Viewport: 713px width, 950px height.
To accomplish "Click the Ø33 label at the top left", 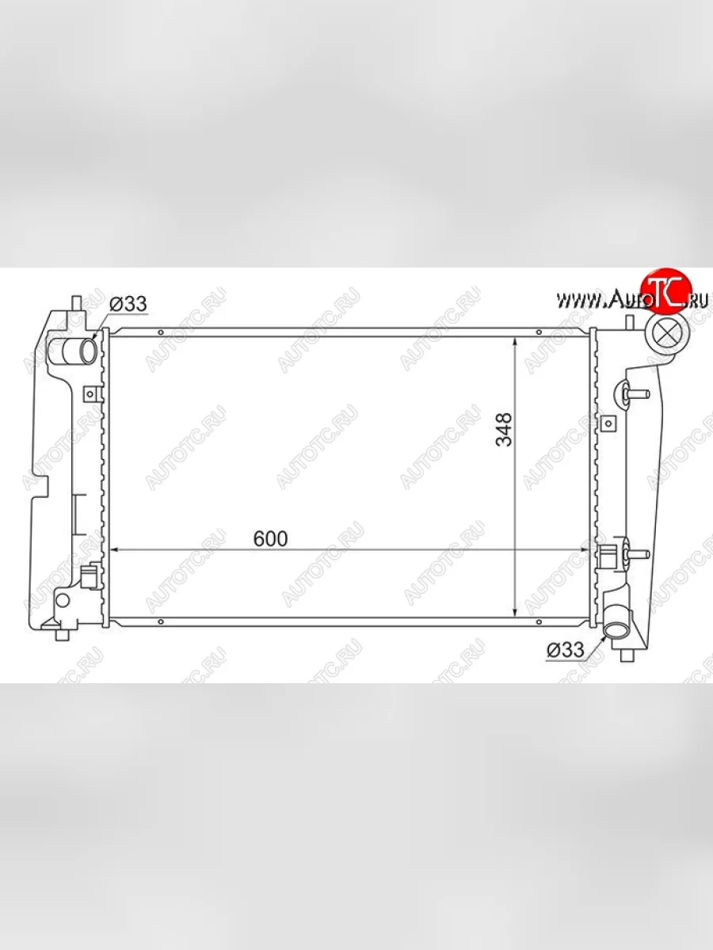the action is [128, 304].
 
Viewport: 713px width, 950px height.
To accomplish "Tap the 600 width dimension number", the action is [271, 539].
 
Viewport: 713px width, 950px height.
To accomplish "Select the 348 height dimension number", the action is [504, 429].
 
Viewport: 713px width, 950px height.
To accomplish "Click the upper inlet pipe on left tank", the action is [78, 351].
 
